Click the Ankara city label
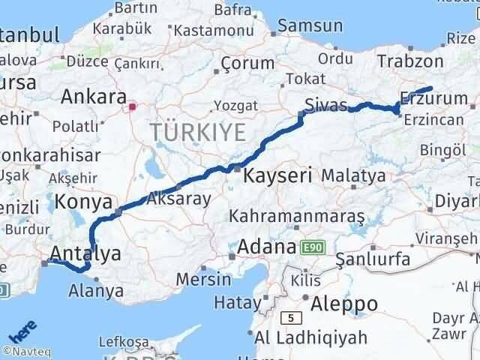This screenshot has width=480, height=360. coord(94,97)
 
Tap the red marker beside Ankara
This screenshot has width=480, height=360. coord(133,106)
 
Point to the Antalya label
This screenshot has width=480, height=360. coord(85,253)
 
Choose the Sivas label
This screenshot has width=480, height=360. coord(324,103)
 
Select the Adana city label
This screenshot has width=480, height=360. coord(267,247)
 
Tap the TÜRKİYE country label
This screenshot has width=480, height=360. coord(198,133)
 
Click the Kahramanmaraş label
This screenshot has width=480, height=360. coord(297,216)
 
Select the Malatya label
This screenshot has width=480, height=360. coord(353,175)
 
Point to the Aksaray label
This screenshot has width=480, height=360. coord(179,199)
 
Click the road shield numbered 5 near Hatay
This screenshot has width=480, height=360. coord(289,317)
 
